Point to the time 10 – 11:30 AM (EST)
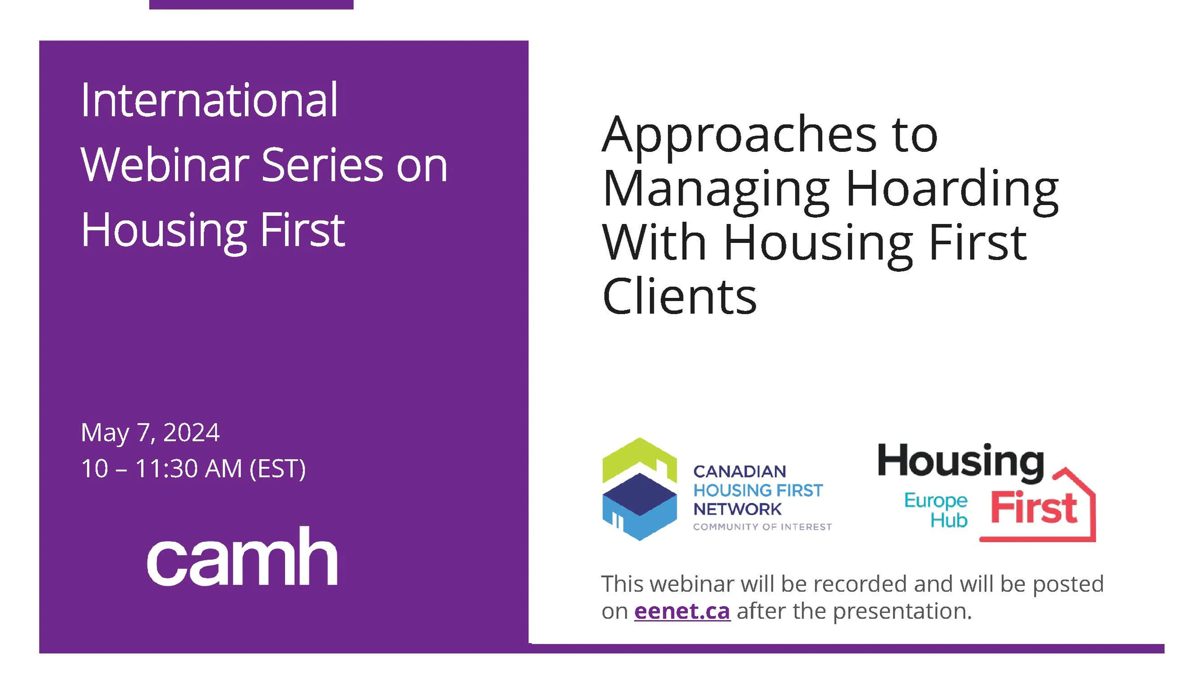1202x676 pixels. (x=193, y=468)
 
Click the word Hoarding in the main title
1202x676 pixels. (x=952, y=189)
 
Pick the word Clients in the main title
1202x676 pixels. (x=679, y=296)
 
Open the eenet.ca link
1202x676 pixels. (x=682, y=611)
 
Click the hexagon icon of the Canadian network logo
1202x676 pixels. (x=639, y=489)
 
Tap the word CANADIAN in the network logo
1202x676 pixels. (x=740, y=472)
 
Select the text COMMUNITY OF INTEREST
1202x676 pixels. (x=762, y=527)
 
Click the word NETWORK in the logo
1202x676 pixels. (x=737, y=509)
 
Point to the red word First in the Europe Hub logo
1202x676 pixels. (x=1033, y=507)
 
